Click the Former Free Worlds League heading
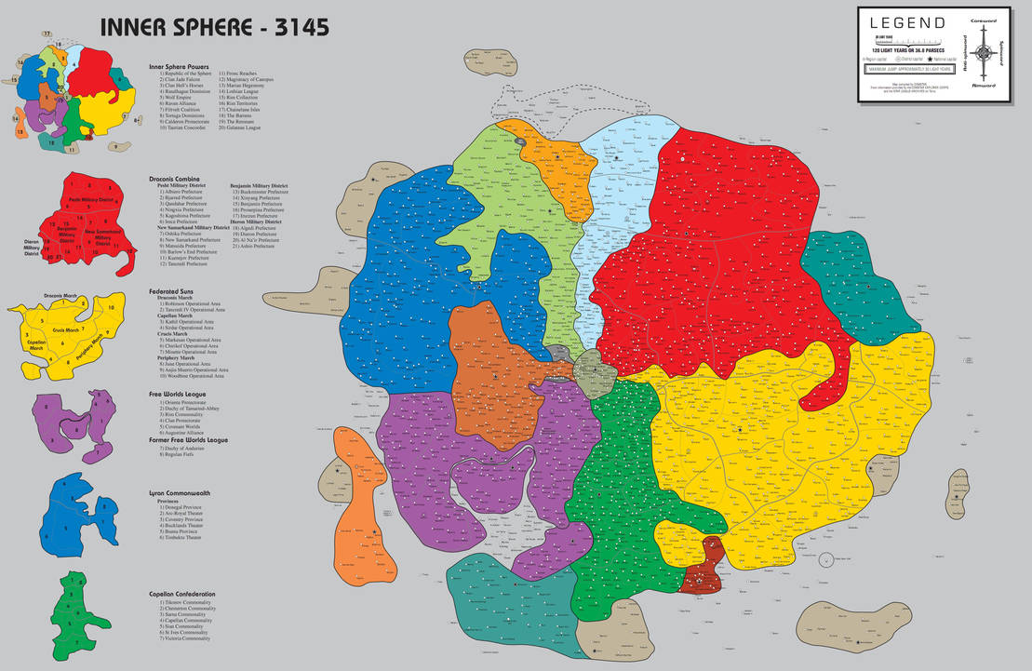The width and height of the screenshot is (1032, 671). tap(188, 439)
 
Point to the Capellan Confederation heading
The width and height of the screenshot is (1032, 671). tap(182, 594)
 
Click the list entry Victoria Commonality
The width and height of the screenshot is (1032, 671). tap(186, 638)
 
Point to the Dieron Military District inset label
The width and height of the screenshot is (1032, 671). tap(37, 247)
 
